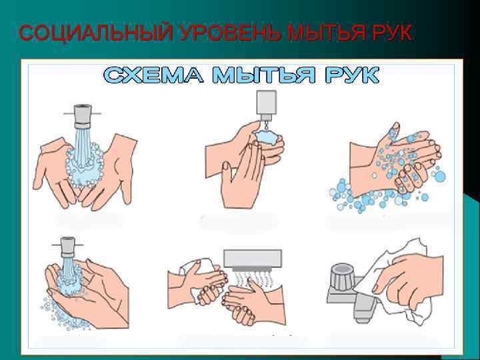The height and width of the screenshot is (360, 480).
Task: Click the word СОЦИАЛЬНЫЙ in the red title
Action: pos(95,32)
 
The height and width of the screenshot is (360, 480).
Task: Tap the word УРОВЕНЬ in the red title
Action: pos(230,32)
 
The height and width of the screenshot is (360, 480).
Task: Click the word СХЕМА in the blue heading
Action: pos(153,75)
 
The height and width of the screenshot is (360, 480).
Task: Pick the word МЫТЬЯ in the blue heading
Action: pos(264,75)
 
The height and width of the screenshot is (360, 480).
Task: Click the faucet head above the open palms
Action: pos(83,116)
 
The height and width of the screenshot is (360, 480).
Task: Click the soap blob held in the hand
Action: pos(267,137)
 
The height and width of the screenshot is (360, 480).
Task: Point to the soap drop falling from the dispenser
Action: pos(267,125)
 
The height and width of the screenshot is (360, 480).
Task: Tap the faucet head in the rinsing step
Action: pos(67,247)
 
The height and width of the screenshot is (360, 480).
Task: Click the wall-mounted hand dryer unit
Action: pos(253,259)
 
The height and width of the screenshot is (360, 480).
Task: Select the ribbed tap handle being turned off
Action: pos(343,277)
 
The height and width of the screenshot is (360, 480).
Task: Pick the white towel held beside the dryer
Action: pos(202,273)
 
